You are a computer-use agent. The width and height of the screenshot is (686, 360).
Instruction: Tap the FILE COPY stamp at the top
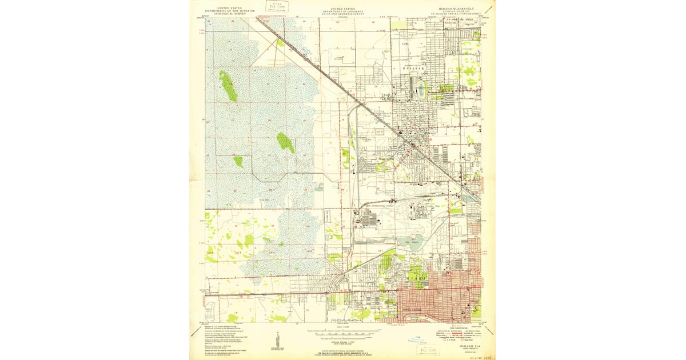[278, 6]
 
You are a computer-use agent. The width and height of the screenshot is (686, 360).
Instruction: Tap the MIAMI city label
[417, 277]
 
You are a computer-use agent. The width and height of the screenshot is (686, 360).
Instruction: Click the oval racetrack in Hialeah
[422, 89]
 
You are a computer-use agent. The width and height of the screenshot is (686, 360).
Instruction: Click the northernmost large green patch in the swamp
[228, 86]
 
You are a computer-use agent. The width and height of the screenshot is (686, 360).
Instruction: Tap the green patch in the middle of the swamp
[285, 142]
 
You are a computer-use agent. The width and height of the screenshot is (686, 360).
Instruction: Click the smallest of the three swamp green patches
[238, 161]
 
